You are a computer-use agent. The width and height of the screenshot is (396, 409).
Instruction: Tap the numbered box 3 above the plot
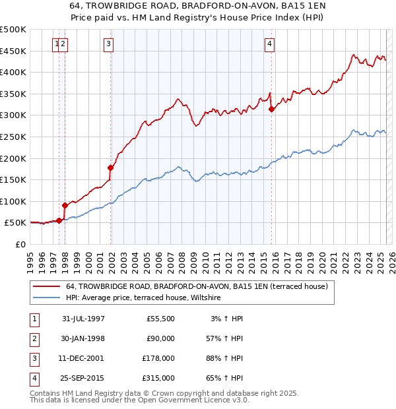point(108,44)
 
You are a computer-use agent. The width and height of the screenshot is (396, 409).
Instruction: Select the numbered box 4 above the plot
point(269,44)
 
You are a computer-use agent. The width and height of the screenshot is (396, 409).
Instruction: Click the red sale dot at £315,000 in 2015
point(271,110)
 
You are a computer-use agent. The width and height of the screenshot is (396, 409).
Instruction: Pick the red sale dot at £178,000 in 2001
point(110,168)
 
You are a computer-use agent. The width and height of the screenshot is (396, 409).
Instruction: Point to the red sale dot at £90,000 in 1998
point(65,206)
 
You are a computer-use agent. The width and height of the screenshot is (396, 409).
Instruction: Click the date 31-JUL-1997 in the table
point(83,319)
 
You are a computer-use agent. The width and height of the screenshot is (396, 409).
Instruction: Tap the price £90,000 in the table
point(158,338)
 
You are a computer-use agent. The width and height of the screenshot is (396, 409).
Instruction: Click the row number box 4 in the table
point(33,379)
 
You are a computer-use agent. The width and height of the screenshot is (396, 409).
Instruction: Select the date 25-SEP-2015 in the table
point(83,379)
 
